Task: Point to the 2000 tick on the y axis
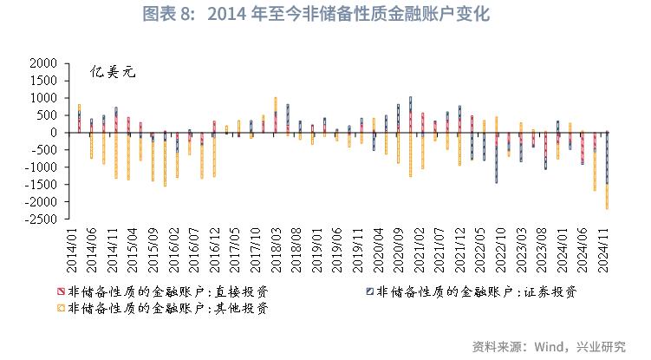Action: (44, 63)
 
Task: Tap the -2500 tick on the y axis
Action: (42, 219)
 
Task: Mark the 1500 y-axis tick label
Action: (44, 81)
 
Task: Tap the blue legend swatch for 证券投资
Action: (369, 291)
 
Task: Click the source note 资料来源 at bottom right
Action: (549, 346)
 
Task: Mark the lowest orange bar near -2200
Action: (607, 196)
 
